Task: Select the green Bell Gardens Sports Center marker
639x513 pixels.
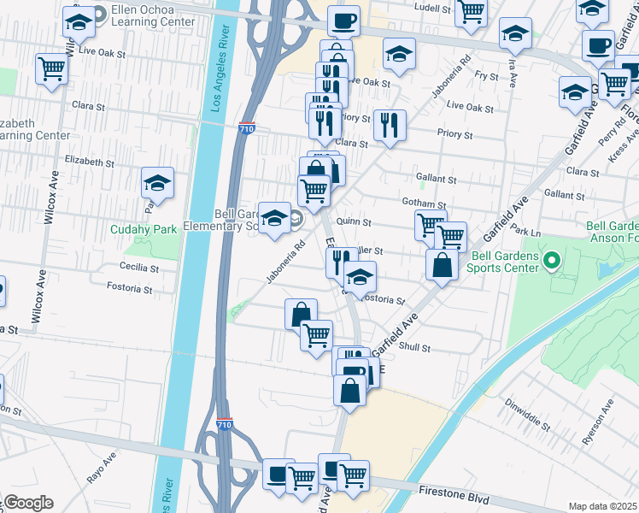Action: [x=552, y=259]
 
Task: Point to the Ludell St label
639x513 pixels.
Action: [x=431, y=7]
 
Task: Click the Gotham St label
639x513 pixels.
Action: [x=425, y=203]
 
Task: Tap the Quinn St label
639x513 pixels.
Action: [x=353, y=221]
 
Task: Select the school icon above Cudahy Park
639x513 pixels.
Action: [x=158, y=182]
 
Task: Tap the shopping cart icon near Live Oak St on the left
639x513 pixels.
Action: [x=51, y=68]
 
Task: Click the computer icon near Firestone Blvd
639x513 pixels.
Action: [x=278, y=475]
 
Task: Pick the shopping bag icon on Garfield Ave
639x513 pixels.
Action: [x=443, y=264]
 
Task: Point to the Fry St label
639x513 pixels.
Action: [x=486, y=76]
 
